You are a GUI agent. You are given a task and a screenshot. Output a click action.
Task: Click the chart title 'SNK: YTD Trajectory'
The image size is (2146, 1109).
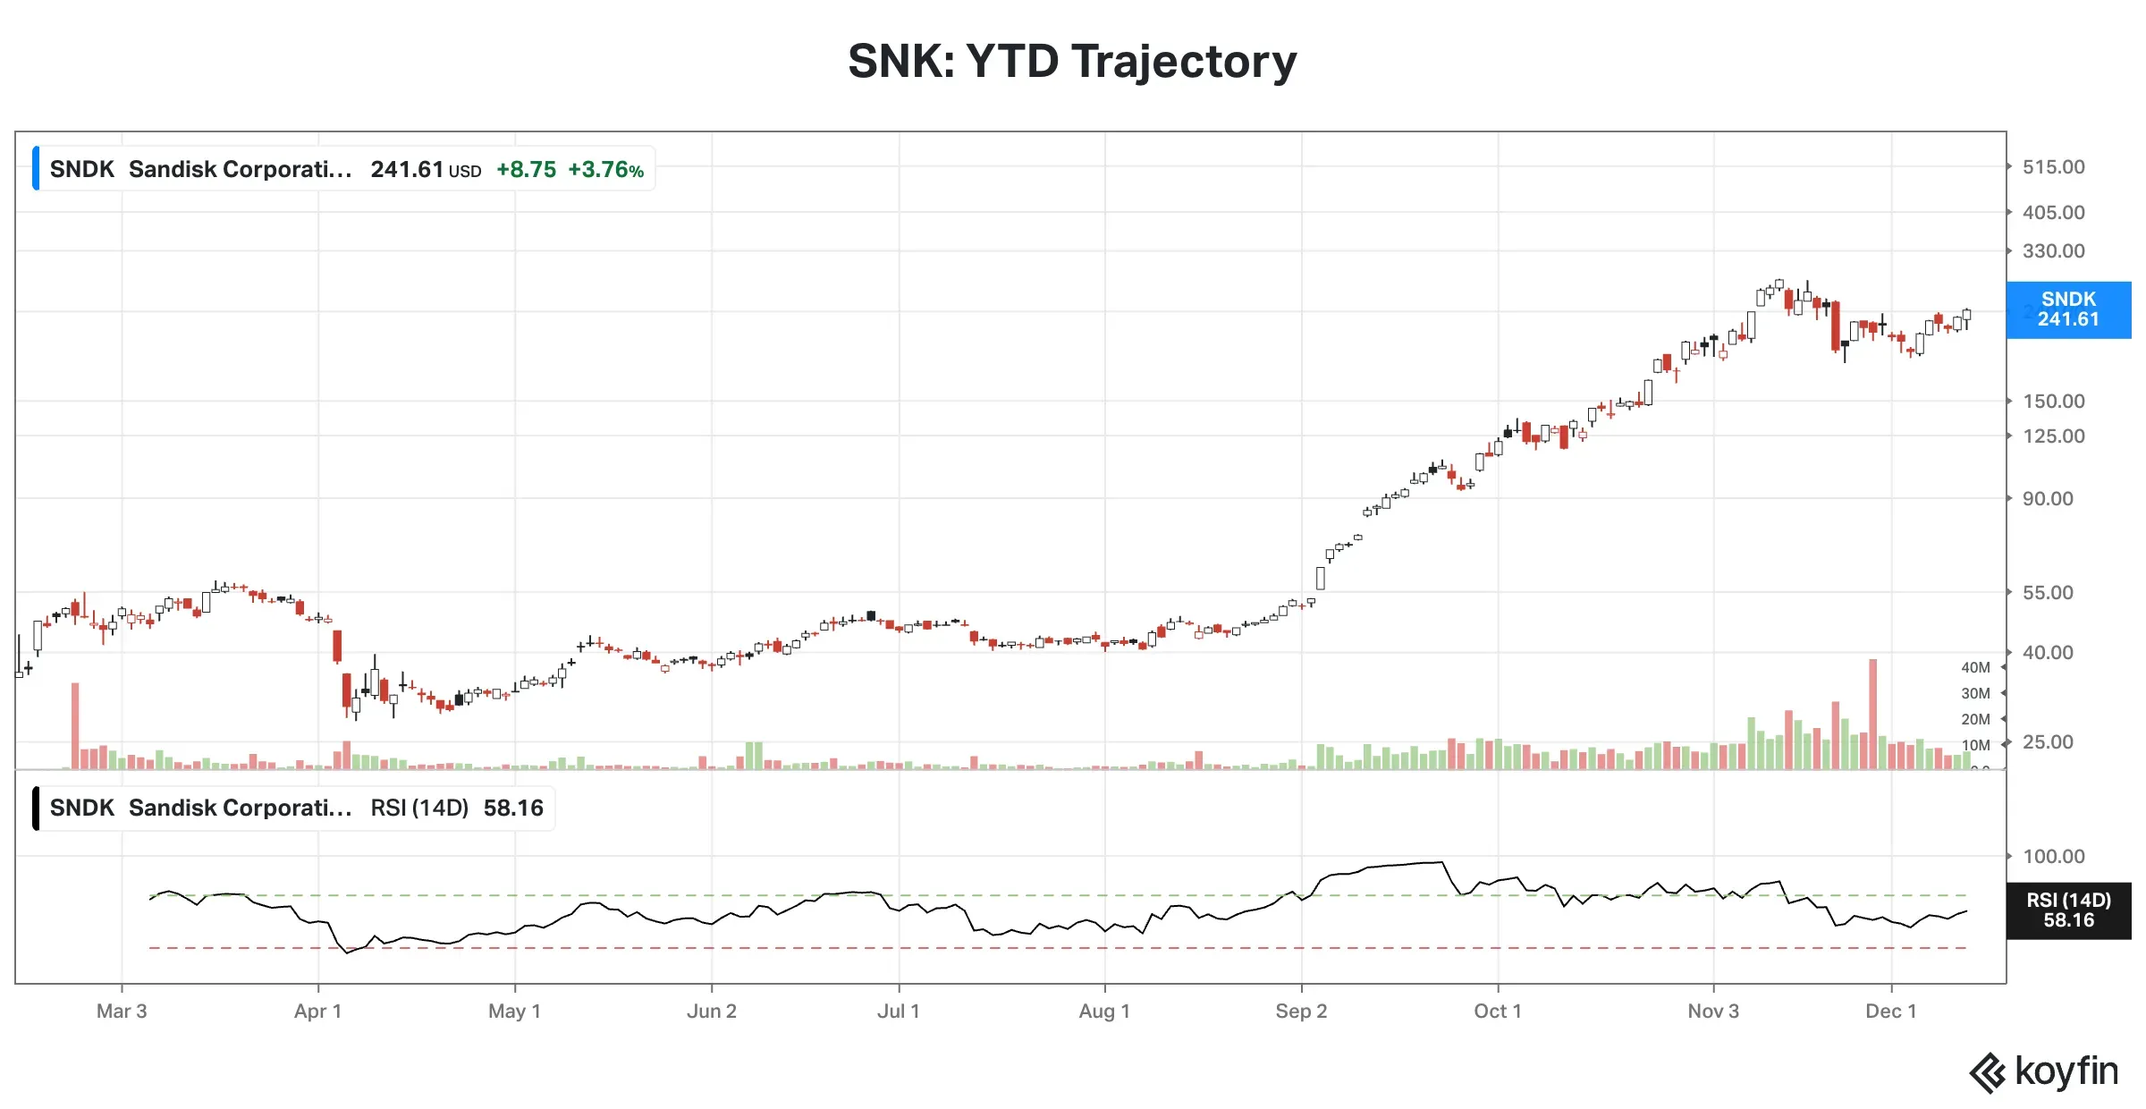[1072, 61]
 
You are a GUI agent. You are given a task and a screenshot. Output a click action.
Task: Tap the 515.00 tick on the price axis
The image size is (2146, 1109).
[2053, 167]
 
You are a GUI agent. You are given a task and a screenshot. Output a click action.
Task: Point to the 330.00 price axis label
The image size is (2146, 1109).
[2053, 251]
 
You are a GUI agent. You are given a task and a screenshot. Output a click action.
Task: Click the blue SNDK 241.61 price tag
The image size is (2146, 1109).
[2068, 309]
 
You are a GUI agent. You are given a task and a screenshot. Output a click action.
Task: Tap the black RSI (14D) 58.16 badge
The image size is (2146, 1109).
[2068, 910]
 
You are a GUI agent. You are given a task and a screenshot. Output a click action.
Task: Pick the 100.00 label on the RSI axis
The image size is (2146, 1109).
[2053, 857]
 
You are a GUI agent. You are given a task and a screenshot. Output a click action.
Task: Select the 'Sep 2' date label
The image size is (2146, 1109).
[1301, 1012]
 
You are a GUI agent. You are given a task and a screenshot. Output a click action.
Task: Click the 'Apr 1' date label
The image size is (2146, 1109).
[317, 1012]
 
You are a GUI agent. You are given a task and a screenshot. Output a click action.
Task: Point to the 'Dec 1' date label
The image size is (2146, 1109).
[1890, 1012]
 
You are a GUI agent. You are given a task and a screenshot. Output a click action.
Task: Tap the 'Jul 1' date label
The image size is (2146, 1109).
[898, 1012]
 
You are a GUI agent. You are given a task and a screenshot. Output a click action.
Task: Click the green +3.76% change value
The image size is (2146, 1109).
[605, 170]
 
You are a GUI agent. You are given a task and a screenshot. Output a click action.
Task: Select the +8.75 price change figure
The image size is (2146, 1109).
[526, 170]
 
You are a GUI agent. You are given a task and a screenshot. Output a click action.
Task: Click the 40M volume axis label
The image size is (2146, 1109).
[1975, 668]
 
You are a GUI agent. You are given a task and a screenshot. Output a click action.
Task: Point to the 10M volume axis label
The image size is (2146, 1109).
[1975, 746]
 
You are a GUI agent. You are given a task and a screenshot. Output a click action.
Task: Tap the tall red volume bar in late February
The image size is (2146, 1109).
[75, 725]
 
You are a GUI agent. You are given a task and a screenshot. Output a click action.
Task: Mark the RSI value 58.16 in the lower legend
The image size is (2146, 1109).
[513, 808]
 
